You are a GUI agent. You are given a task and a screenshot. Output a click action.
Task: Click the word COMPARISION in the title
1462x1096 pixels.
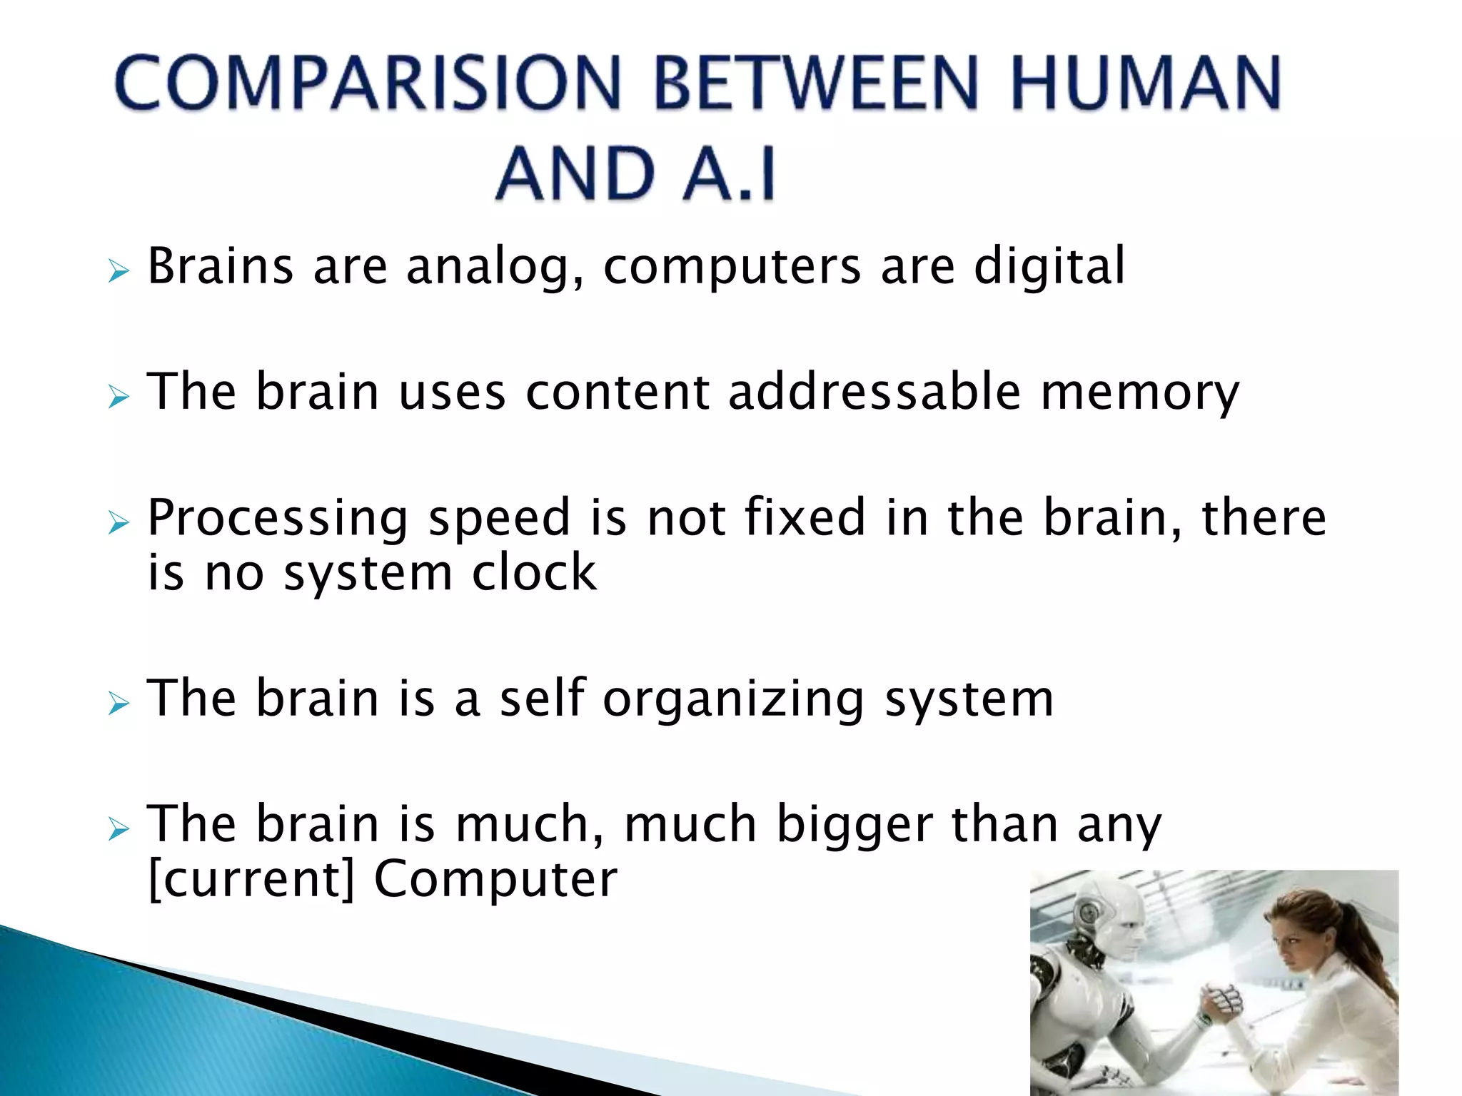click(368, 83)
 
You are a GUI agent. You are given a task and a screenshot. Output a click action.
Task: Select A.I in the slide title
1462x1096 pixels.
click(729, 173)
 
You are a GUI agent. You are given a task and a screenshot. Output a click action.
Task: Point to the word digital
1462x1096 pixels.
click(1049, 265)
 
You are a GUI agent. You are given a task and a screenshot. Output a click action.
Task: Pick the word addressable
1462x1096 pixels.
click(874, 392)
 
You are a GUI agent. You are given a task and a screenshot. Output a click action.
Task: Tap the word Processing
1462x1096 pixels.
click(278, 519)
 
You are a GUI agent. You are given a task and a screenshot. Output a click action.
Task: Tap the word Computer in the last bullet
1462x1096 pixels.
click(495, 880)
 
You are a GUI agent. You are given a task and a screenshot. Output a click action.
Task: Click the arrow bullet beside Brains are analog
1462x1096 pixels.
click(119, 271)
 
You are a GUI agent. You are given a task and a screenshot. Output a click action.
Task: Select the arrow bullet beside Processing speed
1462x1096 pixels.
click(119, 523)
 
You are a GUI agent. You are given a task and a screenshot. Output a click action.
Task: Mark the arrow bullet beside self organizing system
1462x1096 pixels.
click(119, 704)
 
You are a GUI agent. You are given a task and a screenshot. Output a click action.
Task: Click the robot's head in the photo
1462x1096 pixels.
click(1114, 917)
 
